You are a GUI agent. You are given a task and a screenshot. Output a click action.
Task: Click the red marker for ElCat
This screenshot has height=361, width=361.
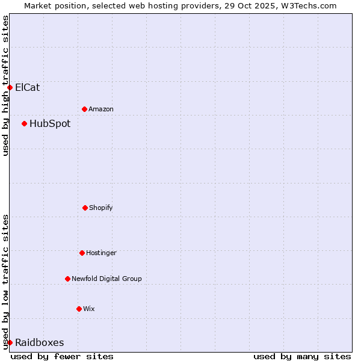(x=10, y=87)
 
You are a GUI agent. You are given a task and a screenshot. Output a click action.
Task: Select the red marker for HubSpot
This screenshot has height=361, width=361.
(x=24, y=123)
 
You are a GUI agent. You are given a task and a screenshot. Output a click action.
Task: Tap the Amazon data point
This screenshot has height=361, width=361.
(x=84, y=109)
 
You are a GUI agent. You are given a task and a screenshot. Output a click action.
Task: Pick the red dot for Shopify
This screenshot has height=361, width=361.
(x=85, y=208)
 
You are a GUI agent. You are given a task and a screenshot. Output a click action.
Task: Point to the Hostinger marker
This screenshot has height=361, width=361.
(x=82, y=253)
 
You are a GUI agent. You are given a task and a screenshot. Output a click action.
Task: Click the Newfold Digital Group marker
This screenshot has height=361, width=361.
(x=67, y=279)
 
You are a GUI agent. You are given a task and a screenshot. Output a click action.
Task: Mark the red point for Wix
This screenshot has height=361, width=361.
(x=79, y=309)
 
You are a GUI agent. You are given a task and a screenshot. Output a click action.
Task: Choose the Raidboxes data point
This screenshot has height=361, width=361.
(x=10, y=342)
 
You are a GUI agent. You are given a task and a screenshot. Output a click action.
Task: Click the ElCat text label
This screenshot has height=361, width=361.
(x=28, y=87)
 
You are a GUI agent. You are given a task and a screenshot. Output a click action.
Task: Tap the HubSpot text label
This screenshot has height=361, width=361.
(x=50, y=123)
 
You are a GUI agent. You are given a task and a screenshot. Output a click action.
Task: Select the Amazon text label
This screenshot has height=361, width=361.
(x=101, y=109)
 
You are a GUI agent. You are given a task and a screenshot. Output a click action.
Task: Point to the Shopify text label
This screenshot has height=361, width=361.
(x=101, y=208)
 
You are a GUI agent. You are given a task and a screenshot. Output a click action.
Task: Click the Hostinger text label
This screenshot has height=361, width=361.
(x=101, y=253)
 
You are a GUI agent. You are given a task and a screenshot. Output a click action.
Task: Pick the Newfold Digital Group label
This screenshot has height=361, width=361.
(x=106, y=279)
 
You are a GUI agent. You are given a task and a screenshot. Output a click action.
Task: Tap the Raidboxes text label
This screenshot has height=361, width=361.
(x=40, y=342)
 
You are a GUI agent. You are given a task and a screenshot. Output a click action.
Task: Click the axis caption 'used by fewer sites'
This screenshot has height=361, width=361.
(x=62, y=356)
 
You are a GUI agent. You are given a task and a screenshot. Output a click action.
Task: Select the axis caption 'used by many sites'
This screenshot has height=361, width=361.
(x=302, y=356)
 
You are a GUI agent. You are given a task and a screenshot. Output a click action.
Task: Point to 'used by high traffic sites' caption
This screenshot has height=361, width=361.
(x=5, y=85)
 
